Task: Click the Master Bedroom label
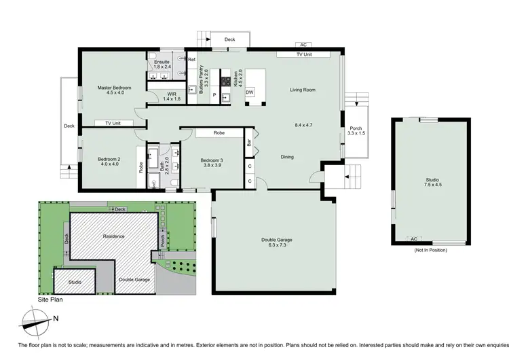tap(113, 88)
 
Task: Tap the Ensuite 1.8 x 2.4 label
tap(162, 65)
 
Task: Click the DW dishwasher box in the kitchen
tap(249, 92)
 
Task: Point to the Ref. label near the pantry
tap(192, 60)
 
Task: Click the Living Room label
tap(303, 90)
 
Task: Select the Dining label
tap(288, 157)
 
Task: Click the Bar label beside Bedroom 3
tap(249, 143)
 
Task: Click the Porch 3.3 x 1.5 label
tap(356, 131)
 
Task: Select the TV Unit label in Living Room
tap(303, 54)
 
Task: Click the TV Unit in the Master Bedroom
tap(112, 123)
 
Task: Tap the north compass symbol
tap(36, 319)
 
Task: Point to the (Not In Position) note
tap(431, 250)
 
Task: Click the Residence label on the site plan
tap(113, 236)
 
